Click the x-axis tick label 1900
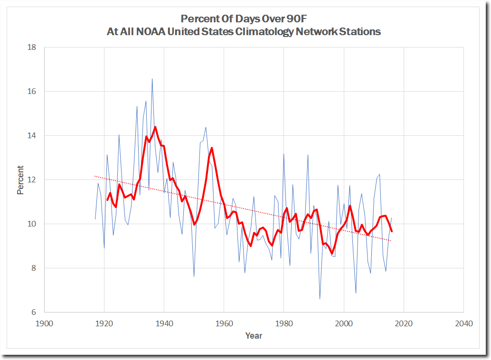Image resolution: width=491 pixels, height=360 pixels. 44,324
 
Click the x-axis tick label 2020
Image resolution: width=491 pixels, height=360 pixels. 403,324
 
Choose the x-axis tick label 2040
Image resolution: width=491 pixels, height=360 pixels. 463,324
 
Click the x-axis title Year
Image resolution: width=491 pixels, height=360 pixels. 254,336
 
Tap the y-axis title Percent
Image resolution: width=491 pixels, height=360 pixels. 21,180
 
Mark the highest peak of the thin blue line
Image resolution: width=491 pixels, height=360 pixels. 152,79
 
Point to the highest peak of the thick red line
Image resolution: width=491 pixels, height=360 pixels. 155,127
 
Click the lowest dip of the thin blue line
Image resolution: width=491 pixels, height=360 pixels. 320,299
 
